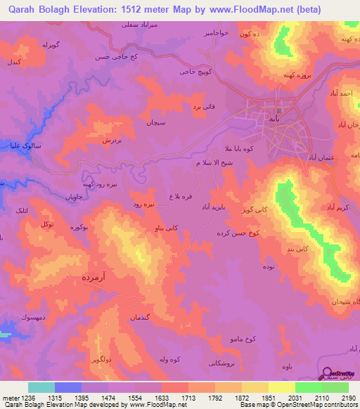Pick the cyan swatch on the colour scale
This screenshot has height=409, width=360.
coord(41,387)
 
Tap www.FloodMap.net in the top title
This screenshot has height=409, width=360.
coord(245,10)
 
